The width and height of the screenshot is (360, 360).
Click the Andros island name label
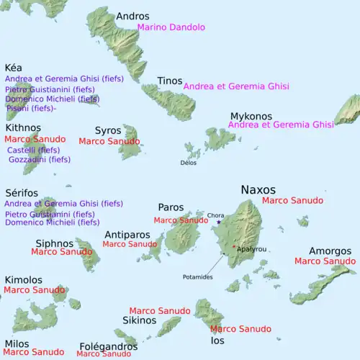pos(132,16)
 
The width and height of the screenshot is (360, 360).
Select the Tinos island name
pos(169,81)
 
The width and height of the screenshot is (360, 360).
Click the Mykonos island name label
pos(251,116)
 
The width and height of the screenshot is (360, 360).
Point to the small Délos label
pos(188,163)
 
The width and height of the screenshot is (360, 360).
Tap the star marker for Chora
pos(218,222)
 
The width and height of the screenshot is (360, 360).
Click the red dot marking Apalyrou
pos(233,247)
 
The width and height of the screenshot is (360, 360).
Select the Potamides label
pos(197,276)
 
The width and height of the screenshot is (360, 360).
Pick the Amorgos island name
pos(330,251)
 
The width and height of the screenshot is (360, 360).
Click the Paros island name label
pos(171,207)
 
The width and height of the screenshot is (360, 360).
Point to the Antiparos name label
pos(127,235)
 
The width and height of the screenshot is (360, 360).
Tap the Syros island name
pos(107,130)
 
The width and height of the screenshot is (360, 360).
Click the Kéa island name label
pos(14,67)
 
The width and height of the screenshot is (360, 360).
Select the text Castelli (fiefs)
pos(33,150)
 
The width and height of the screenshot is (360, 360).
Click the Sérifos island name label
pos(22,194)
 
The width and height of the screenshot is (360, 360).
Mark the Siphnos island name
pos(55,243)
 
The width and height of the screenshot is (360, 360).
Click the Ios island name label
pos(217,340)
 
